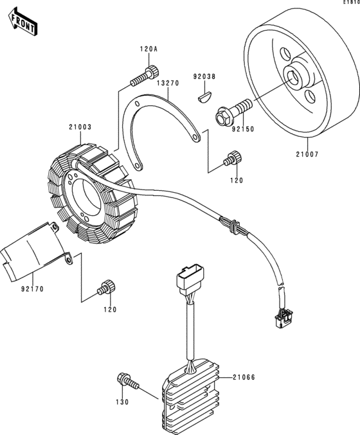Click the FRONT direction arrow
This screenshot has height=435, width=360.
pos(22,22)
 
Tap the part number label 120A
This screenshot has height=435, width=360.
pos(148,49)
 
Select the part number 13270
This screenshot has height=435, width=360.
pos(168,83)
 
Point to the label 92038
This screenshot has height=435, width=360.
pos(204,76)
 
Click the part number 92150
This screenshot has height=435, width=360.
pos(243,129)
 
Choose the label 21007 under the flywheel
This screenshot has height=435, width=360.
pos(307,154)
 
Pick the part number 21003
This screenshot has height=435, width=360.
pos(80,127)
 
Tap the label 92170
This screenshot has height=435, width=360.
pos(33,289)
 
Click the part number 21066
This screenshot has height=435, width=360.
pos(244,377)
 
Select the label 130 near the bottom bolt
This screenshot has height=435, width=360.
pos(122,402)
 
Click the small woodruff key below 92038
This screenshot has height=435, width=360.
pos(205,98)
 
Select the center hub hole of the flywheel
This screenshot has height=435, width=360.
pos(292,78)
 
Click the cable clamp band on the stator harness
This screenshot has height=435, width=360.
pos(235,227)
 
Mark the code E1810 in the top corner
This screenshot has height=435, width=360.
pos(352,2)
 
